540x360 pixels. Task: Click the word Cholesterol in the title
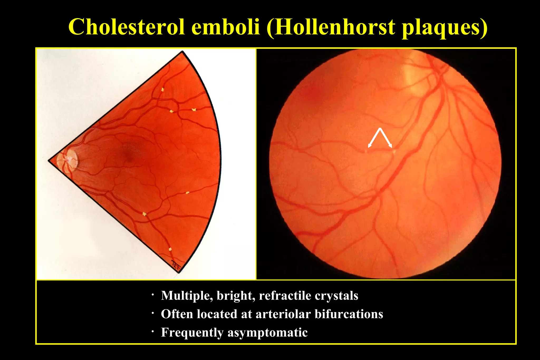[x=126, y=27]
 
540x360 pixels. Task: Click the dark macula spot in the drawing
[x=128, y=153]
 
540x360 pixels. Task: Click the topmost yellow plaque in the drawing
[x=163, y=89]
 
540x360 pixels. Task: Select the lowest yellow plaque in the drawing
[x=170, y=249]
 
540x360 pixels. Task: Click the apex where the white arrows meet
[x=380, y=128]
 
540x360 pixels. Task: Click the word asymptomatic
[x=267, y=332]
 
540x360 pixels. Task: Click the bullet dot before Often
[x=152, y=313]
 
